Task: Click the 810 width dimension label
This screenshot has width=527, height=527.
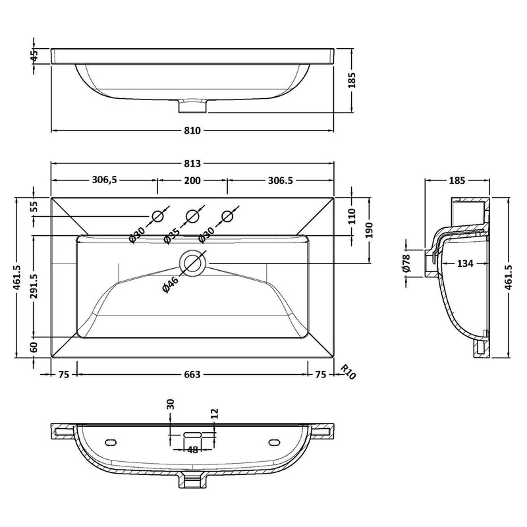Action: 192,130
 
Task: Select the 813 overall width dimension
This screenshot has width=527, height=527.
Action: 192,163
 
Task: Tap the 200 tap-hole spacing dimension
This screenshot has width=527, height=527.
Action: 192,180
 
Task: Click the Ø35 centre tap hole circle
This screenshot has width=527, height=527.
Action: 192,217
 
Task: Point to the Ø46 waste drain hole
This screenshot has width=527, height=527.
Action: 192,263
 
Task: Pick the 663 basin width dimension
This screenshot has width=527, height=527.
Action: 192,374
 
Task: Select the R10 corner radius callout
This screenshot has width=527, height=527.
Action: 348,372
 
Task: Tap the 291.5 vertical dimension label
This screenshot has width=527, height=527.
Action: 34,287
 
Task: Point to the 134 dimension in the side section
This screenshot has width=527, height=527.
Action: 465,263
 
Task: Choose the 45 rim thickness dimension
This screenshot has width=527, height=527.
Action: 34,56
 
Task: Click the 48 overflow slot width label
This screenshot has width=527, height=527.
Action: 192,450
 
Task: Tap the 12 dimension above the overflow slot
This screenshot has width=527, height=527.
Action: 215,413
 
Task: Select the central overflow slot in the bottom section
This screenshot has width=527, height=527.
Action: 192,435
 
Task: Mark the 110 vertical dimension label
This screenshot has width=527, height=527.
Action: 352,216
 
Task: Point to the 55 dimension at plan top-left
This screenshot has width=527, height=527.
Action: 34,207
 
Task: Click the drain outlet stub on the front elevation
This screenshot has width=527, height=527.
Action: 192,105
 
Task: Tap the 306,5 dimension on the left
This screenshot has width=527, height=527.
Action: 105,180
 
